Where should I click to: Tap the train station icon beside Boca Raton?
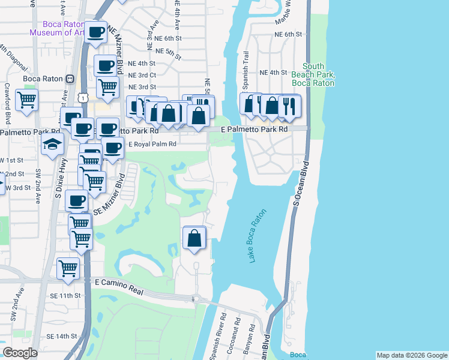point(70,79)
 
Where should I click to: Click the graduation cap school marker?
point(52,144)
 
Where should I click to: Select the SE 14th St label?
point(61,336)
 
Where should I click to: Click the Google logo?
point(20,353)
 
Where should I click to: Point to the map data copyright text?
point(411,355)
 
